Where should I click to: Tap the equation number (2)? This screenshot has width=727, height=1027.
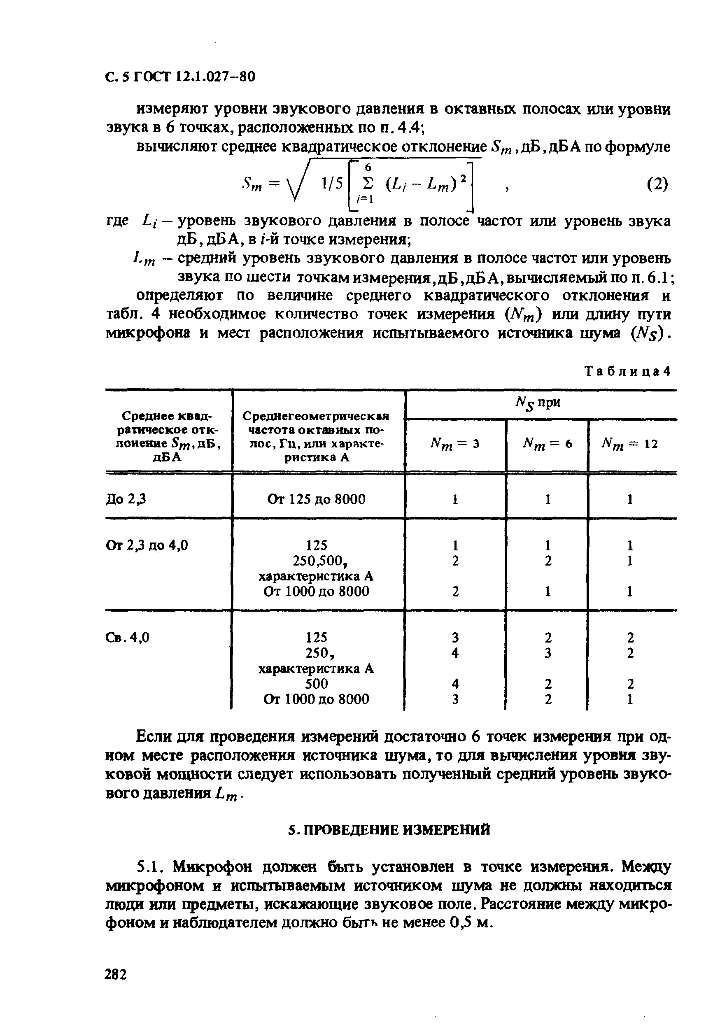click(x=657, y=184)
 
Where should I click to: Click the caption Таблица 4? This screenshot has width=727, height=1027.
click(x=628, y=371)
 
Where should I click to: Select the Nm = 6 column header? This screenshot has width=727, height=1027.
click(x=547, y=444)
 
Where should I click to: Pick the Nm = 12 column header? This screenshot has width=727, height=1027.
click(x=630, y=444)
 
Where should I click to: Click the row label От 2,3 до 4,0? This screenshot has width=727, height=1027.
click(x=147, y=545)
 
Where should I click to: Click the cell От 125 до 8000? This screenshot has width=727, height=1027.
click(x=316, y=499)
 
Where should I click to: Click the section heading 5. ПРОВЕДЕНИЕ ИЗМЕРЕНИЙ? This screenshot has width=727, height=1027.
click(x=389, y=830)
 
